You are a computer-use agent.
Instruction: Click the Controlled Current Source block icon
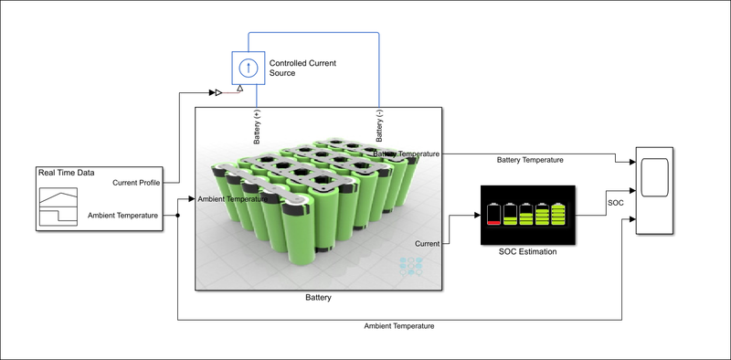(x=246, y=67)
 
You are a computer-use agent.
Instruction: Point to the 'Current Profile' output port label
(x=136, y=183)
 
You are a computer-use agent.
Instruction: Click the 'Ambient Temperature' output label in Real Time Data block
(x=123, y=216)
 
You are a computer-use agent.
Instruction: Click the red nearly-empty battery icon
(x=494, y=214)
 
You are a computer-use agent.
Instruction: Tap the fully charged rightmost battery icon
(x=557, y=214)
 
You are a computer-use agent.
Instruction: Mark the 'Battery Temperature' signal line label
(x=529, y=160)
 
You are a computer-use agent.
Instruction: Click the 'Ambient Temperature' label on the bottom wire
(x=398, y=325)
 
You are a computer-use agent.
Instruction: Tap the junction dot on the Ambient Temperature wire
(x=176, y=216)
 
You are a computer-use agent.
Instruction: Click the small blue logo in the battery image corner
(x=411, y=266)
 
